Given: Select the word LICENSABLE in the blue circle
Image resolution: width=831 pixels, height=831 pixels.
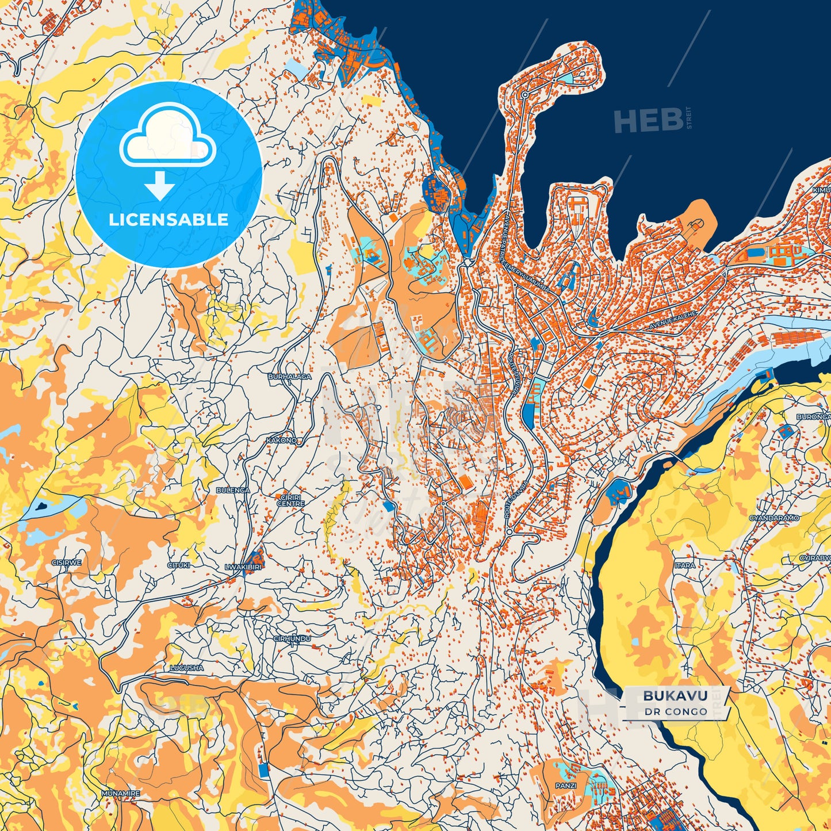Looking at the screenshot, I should pos(169,219).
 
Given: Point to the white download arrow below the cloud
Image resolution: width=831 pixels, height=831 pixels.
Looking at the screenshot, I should pos(159,186).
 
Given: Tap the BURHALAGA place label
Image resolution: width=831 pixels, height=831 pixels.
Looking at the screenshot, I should pos(289,377).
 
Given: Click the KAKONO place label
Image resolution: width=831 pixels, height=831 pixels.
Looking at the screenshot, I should pos(282,440).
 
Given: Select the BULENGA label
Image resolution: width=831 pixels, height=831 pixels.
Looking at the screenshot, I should pos(233,490).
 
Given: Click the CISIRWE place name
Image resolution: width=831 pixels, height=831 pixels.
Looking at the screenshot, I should pos(67,562).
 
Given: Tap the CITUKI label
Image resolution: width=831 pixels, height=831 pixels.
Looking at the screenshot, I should pos(178,565).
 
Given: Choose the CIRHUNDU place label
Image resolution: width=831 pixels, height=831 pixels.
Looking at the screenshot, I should pos(292,638).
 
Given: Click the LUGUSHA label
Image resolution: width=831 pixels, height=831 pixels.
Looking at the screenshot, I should pos(186,668).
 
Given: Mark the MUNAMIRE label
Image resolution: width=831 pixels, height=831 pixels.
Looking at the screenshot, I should pos(120,793).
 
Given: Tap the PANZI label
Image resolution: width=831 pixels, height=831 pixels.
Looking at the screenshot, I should pos(565,785).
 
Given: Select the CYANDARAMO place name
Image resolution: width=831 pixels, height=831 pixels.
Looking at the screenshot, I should pos(774,518).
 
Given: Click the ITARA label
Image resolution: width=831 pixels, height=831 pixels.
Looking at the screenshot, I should pos(684,565).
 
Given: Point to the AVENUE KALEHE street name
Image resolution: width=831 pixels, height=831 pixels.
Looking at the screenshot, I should pos(673,320).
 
